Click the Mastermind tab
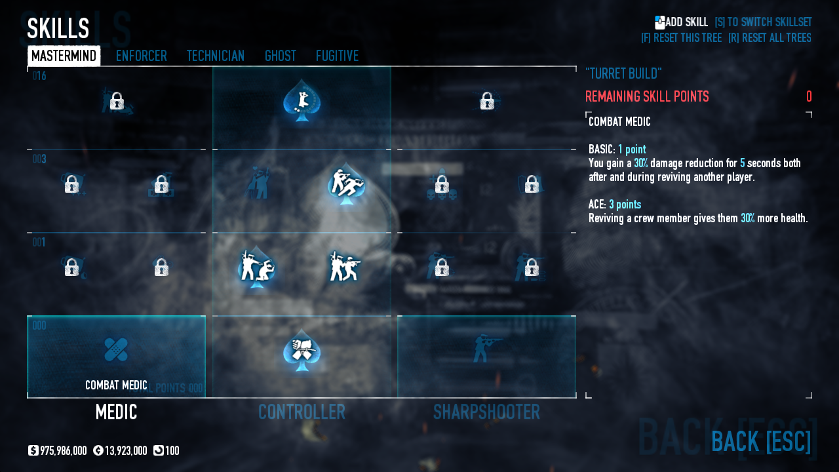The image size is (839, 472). click(64, 56)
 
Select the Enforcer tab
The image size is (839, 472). click(141, 56)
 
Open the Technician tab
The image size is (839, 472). click(215, 56)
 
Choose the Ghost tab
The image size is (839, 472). click(280, 56)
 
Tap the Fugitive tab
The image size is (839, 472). click(337, 56)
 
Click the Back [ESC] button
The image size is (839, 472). click(760, 441)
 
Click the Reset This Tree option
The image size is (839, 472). click(681, 38)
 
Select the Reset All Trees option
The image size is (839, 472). click(770, 38)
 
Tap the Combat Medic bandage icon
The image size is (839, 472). click(116, 349)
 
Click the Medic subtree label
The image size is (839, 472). click(116, 412)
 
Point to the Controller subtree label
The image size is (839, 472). click(302, 412)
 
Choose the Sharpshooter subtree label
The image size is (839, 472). click(486, 412)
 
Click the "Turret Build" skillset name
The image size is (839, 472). click(623, 73)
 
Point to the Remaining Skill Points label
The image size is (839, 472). click(647, 97)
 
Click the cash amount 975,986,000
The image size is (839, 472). click(63, 451)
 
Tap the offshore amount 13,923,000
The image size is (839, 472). click(125, 451)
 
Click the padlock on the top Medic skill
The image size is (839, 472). click(117, 101)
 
